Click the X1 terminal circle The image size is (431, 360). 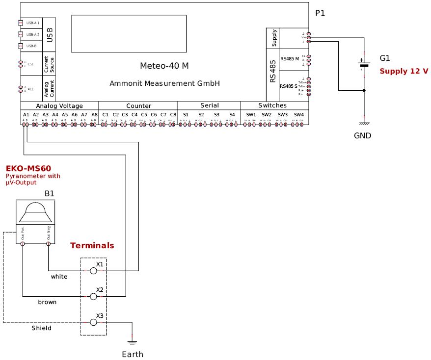tap(93, 271)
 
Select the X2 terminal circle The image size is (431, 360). tap(93, 297)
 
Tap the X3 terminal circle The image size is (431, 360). tap(93, 322)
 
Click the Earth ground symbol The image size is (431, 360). tap(132, 342)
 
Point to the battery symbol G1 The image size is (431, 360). tap(364, 65)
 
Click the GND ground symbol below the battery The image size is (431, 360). tap(364, 124)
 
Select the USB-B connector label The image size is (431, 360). tap(31, 46)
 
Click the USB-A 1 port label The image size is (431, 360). tap(33, 23)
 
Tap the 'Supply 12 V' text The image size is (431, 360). tap(404, 72)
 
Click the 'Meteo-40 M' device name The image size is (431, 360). tap(164, 66)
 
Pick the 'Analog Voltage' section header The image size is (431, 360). tap(59, 106)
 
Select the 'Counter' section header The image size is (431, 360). tap(138, 106)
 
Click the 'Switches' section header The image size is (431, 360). tap(272, 105)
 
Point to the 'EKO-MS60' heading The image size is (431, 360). tap(28, 169)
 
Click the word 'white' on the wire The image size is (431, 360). tap(59, 277)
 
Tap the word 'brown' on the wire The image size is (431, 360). tap(47, 302)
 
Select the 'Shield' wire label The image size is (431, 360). tap(41, 328)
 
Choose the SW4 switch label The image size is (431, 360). tap(298, 115)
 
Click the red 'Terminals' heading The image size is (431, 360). tap(92, 246)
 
